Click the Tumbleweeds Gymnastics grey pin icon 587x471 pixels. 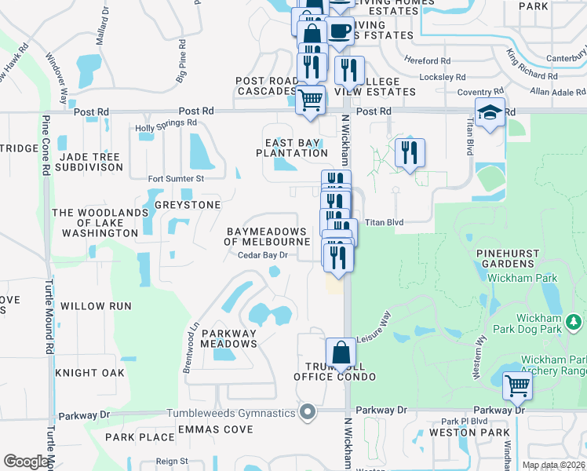point(308,412)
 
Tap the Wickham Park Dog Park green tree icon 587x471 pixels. point(574,321)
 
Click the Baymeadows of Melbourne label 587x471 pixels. point(268,237)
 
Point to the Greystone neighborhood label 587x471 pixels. point(188,205)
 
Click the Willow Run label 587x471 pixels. point(96,306)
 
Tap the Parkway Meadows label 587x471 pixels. point(229,338)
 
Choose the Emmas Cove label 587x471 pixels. point(216,429)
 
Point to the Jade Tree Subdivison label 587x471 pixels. point(89,162)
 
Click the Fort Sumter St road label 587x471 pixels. point(176,179)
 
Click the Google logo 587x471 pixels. point(26,462)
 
